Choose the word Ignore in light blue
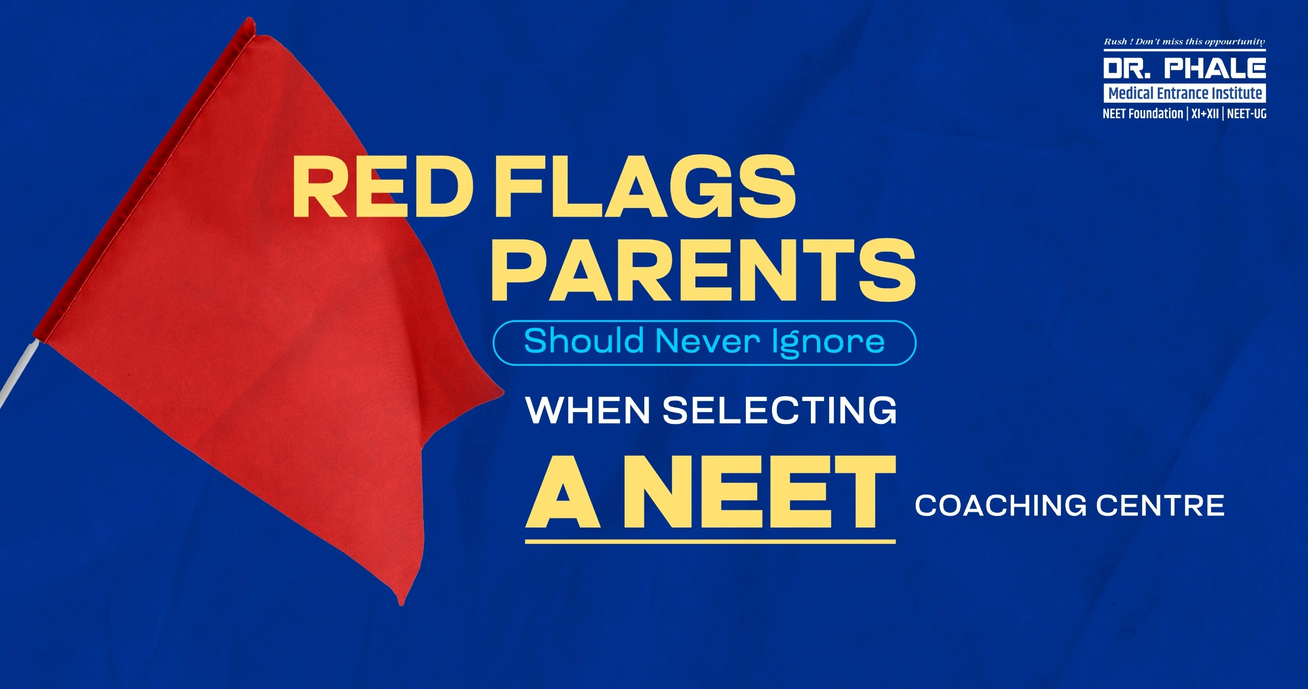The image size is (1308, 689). (828, 343)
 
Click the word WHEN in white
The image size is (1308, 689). (588, 410)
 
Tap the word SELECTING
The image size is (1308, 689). (780, 410)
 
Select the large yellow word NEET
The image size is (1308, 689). (760, 492)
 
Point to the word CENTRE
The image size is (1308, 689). (1160, 505)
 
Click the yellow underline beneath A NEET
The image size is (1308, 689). (710, 541)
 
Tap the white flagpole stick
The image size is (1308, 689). (18, 373)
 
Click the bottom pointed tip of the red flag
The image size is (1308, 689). (402, 605)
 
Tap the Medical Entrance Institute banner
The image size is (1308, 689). (1185, 93)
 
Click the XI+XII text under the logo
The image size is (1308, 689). (1205, 114)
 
